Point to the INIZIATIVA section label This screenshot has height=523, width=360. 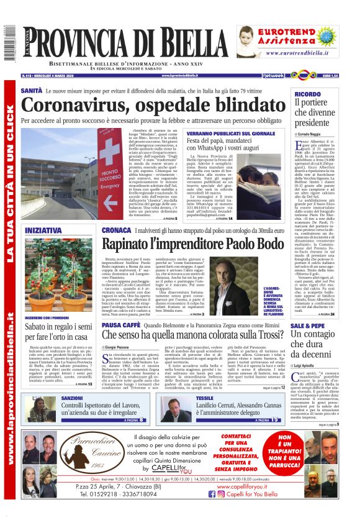[x=43, y=230]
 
